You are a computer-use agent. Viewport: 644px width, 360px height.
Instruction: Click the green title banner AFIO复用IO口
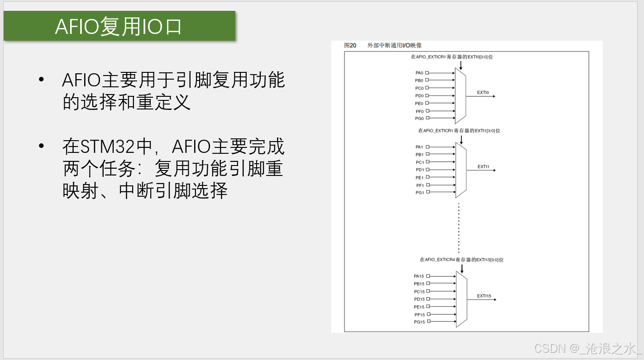tap(119, 26)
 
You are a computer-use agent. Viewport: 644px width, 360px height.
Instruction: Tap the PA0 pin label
tap(419, 73)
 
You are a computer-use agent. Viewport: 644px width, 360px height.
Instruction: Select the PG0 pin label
tap(419, 118)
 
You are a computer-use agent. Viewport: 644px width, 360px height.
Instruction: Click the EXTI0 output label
tap(483, 93)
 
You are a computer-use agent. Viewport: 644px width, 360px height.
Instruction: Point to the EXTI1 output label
tap(483, 167)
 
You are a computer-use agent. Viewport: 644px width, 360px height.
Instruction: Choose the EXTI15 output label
tap(484, 296)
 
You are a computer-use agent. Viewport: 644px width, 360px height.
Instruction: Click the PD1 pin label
tap(420, 170)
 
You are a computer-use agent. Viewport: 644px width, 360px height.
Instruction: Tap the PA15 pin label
tap(419, 276)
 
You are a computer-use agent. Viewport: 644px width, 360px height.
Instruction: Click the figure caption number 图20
tap(350, 45)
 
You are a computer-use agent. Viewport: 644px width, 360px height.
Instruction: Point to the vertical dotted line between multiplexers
tap(459, 228)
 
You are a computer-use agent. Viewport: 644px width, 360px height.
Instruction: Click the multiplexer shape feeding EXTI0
tap(460, 96)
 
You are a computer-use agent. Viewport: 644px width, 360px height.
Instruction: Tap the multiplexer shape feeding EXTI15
tap(461, 299)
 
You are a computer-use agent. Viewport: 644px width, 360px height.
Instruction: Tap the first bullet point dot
tap(42, 80)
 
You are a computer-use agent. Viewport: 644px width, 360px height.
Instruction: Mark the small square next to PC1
tap(427, 162)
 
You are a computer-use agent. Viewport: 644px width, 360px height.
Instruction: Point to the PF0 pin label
tap(419, 111)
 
